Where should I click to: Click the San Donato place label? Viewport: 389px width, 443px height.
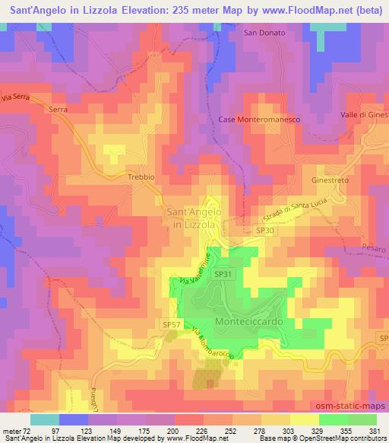264,33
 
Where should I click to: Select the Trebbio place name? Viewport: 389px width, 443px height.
141,177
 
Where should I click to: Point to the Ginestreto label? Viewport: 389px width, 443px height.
329,180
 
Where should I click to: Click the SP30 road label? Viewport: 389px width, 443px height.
264,230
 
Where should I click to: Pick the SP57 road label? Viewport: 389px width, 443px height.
172,324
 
